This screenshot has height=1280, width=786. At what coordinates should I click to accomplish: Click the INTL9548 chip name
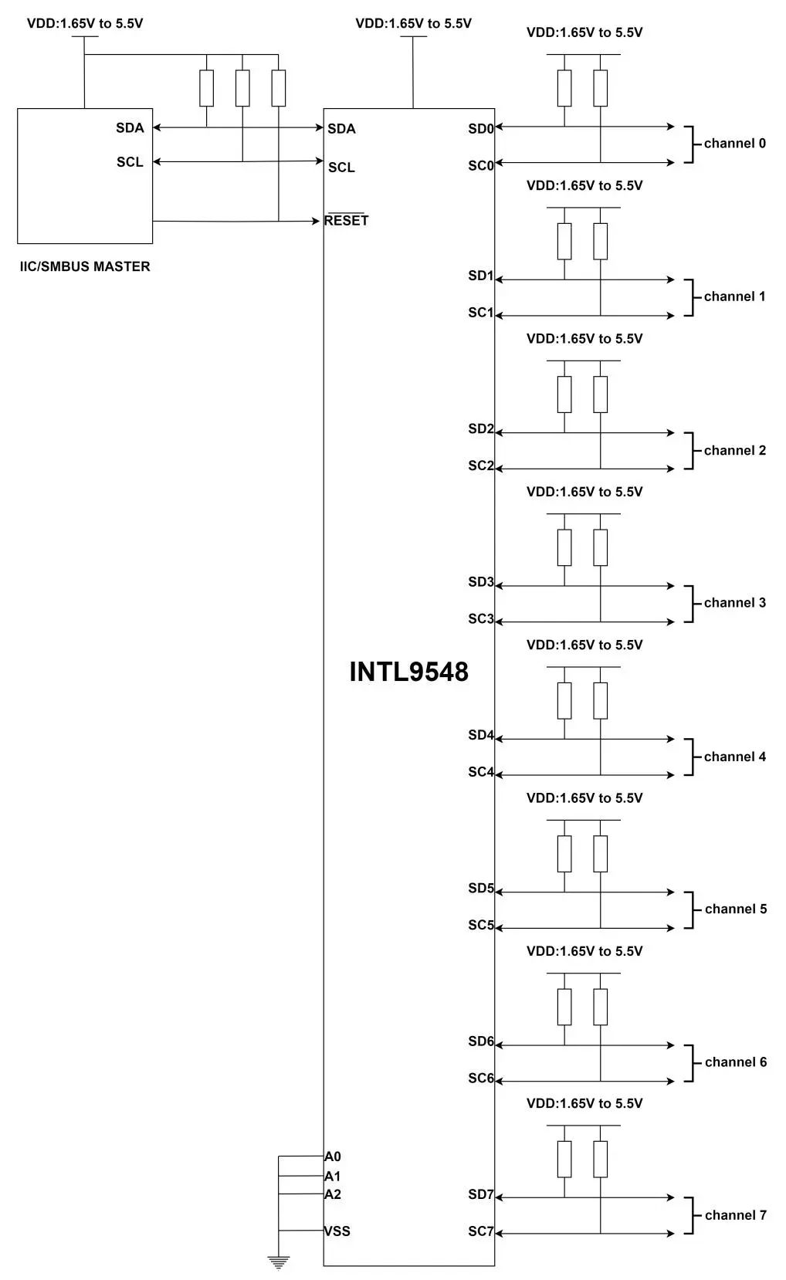(x=408, y=671)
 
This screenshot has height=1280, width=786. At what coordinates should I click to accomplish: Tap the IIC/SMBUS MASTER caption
(x=85, y=266)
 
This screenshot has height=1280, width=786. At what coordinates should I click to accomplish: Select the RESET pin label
(x=346, y=220)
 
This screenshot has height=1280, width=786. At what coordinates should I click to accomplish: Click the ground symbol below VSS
(x=278, y=1263)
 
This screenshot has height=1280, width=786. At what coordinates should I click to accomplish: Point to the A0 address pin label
(x=333, y=1156)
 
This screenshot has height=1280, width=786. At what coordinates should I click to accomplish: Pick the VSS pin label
(x=337, y=1231)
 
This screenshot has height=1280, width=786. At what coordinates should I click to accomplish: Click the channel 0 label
(x=734, y=144)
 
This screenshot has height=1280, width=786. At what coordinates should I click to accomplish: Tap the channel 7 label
(x=735, y=1215)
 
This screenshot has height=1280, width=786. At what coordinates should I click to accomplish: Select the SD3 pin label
(x=480, y=582)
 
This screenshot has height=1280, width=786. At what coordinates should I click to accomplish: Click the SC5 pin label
(x=480, y=925)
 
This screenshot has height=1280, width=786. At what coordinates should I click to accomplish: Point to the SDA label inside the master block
(x=130, y=128)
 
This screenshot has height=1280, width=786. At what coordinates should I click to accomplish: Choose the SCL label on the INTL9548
(x=341, y=168)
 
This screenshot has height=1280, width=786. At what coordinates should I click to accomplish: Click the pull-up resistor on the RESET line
(x=279, y=88)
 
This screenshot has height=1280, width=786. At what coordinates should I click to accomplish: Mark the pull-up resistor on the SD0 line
(x=564, y=88)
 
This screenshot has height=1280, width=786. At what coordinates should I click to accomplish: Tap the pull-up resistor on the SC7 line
(x=601, y=1159)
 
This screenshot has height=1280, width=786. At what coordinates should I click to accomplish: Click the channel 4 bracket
(x=689, y=757)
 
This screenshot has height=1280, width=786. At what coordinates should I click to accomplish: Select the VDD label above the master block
(x=85, y=23)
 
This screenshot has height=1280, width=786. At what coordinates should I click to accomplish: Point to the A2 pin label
(x=333, y=1194)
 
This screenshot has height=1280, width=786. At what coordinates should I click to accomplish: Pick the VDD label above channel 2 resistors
(x=584, y=339)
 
